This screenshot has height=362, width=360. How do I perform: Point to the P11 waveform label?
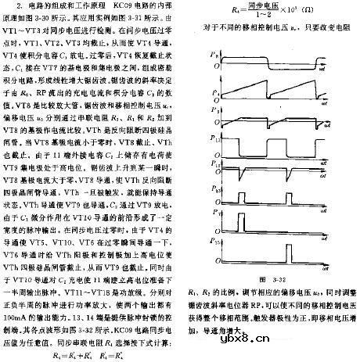[217, 145]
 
